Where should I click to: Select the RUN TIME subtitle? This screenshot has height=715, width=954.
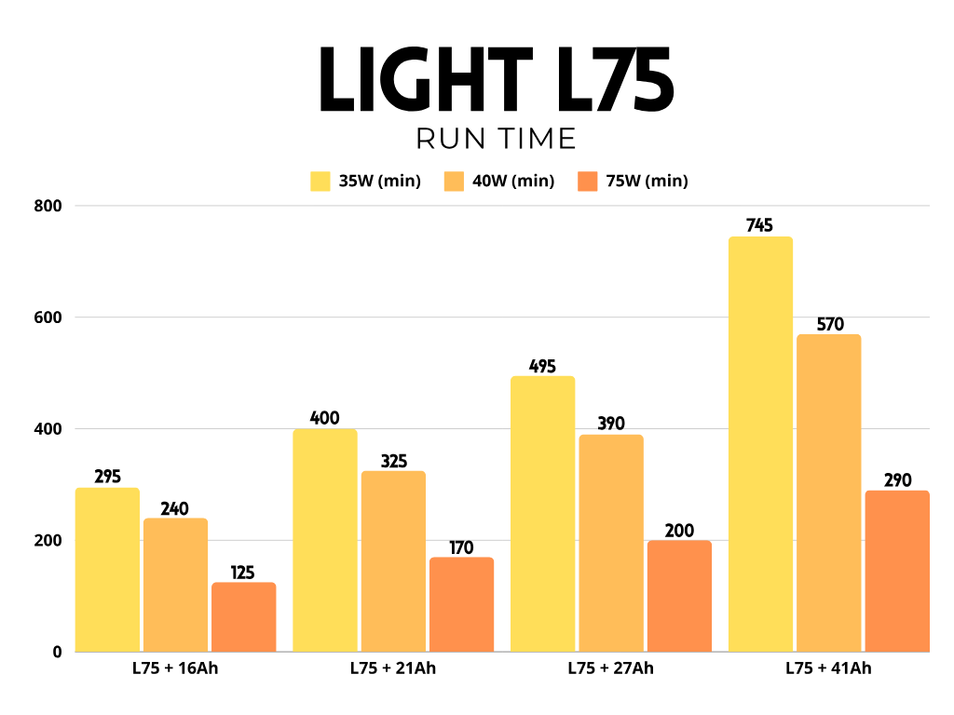[496, 139]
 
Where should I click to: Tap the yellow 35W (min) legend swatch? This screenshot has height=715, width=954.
[320, 181]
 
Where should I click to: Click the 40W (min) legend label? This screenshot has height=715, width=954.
[513, 182]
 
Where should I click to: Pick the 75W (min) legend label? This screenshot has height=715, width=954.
[647, 182]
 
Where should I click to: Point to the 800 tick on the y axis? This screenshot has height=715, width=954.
[48, 206]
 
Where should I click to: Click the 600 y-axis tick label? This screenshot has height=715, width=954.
[48, 317]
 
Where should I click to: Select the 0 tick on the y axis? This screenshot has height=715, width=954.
[57, 653]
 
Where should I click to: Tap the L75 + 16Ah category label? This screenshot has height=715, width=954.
[175, 668]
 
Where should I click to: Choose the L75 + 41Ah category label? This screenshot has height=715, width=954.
[828, 668]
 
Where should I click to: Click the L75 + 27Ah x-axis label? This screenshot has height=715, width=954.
[610, 668]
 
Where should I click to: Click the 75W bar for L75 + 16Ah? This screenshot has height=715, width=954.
[243, 617]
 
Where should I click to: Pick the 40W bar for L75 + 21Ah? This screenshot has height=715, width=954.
[393, 561]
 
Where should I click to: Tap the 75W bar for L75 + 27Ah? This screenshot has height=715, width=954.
[679, 596]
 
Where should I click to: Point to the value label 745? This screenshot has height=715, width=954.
[760, 225]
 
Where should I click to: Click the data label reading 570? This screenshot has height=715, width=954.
[828, 324]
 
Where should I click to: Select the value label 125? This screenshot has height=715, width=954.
[243, 573]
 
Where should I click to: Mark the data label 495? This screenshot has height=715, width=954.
[542, 365]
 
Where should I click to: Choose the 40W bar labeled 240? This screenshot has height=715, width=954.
[175, 585]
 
